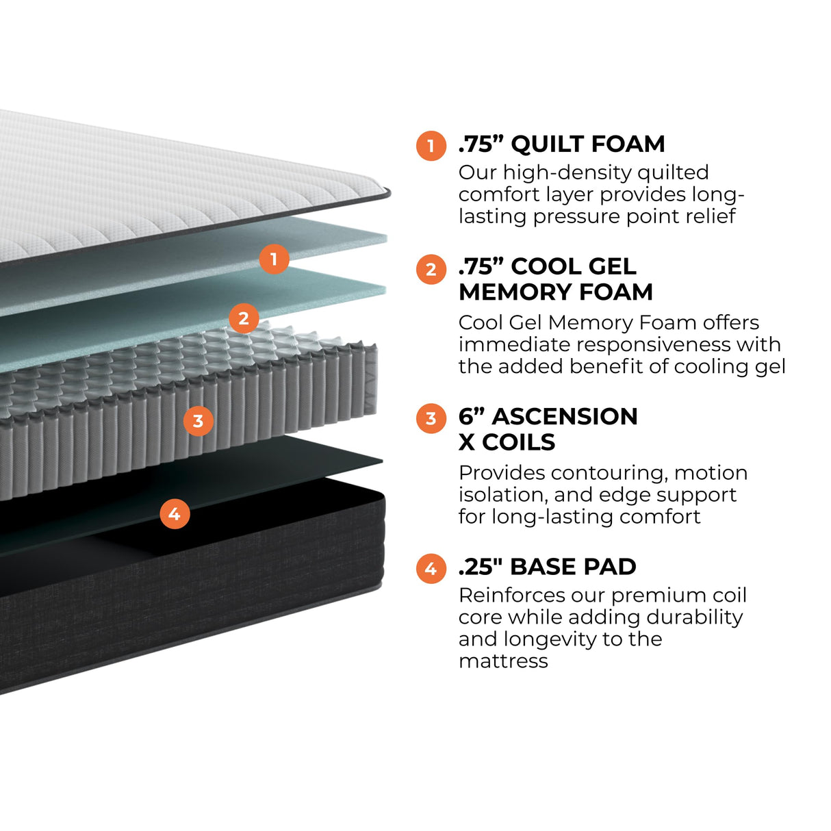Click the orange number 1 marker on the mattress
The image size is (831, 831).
click(274, 259)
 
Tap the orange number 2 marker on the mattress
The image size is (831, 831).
click(244, 318)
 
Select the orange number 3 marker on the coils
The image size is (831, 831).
click(199, 420)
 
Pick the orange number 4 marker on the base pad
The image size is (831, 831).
click(175, 513)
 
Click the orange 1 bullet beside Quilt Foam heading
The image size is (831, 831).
click(431, 146)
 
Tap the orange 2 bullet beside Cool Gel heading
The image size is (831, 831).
click(431, 269)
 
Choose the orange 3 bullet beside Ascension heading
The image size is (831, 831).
click(431, 418)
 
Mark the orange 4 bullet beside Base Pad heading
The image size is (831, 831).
click(431, 569)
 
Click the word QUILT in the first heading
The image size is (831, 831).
click(547, 144)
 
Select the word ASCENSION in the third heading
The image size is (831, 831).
click(565, 416)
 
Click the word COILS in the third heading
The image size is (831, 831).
click(518, 442)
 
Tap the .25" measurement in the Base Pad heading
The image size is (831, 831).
click(481, 567)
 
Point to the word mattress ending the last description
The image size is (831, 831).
click(503, 661)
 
